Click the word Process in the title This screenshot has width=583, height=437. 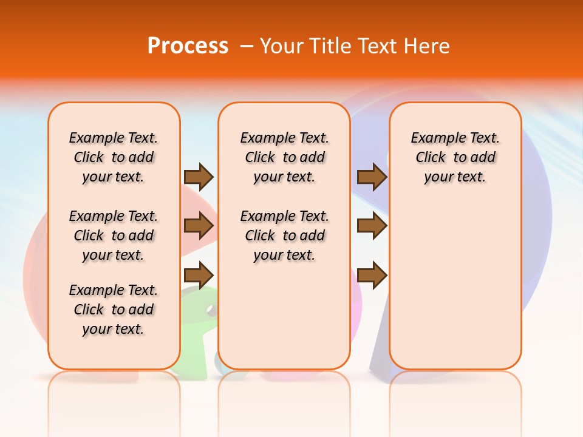188,46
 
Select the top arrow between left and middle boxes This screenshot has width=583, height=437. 199,177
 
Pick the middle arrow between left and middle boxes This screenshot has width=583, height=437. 199,226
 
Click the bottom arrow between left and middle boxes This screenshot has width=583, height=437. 199,274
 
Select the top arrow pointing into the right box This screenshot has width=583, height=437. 372,177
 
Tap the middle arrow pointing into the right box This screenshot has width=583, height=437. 372,226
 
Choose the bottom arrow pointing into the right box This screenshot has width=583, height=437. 372,274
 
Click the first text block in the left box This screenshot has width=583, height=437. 114,157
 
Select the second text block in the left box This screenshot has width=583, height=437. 114,235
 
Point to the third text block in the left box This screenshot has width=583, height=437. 114,310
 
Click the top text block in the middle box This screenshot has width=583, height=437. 284,157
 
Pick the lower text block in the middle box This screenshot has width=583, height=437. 284,235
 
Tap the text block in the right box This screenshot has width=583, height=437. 455,157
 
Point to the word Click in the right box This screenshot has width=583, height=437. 431,158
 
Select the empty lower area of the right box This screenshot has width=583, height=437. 455,285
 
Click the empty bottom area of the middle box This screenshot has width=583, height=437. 284,322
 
